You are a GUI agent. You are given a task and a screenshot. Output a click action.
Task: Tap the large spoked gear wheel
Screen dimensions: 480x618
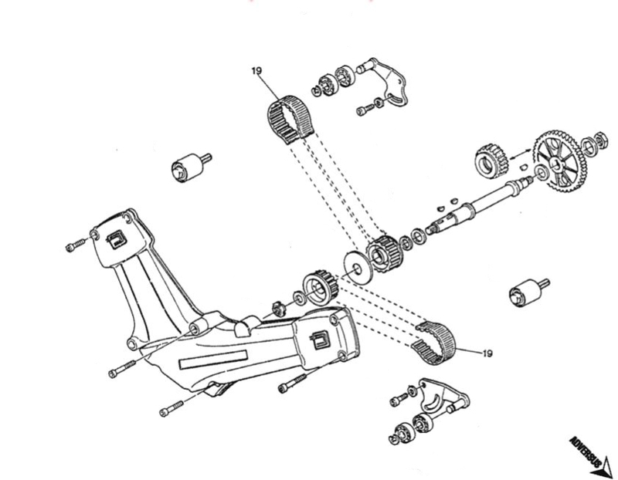point(559,163)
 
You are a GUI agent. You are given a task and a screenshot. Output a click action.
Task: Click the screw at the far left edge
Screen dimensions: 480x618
point(75,246)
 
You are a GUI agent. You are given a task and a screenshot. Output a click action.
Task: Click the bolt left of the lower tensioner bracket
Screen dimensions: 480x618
point(399,399)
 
